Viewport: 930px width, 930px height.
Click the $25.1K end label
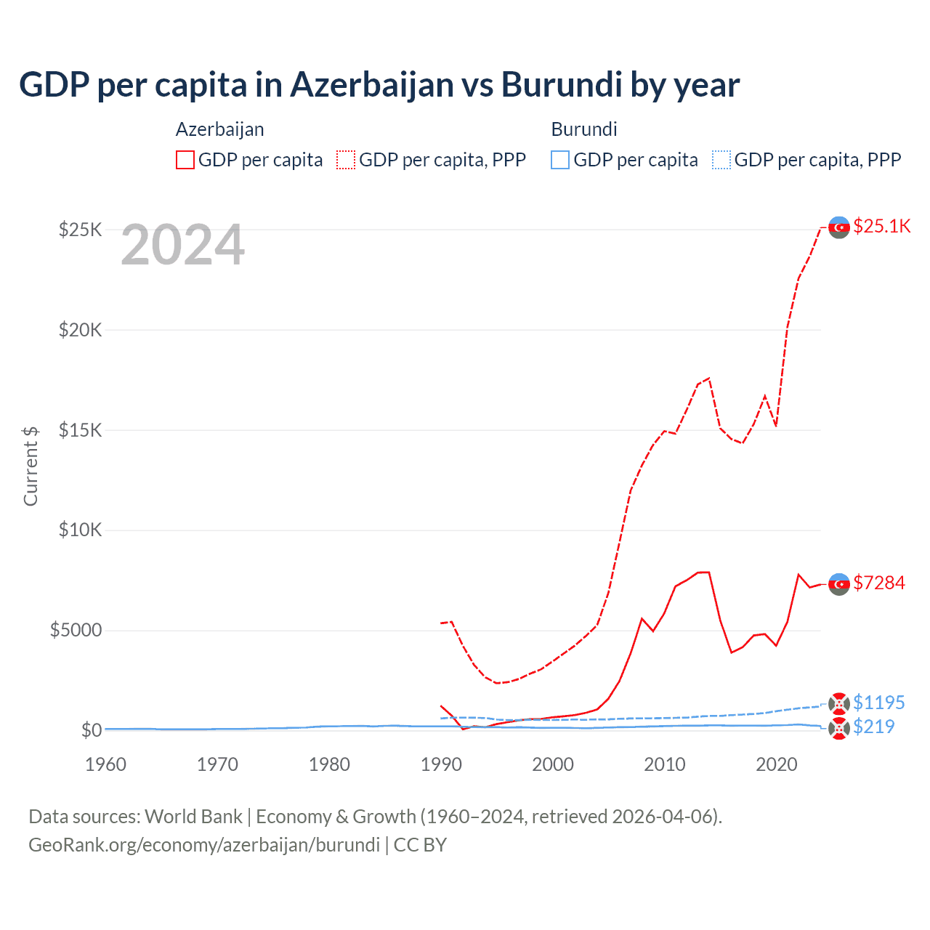pyautogui.click(x=881, y=226)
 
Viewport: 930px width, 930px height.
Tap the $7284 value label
pyautogui.click(x=879, y=583)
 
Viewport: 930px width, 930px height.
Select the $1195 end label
pyautogui.click(x=878, y=703)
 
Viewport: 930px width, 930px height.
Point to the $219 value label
pyautogui.click(x=873, y=727)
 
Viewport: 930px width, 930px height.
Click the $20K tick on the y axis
pyautogui.click(x=81, y=330)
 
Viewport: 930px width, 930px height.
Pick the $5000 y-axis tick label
pyautogui.click(x=76, y=630)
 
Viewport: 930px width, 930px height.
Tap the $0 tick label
pyautogui.click(x=92, y=730)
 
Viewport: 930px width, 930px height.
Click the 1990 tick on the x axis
pyautogui.click(x=441, y=764)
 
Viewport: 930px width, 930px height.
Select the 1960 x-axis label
pyautogui.click(x=105, y=764)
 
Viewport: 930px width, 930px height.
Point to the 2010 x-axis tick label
pyautogui.click(x=665, y=764)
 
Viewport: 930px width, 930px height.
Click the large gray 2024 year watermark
pyautogui.click(x=182, y=246)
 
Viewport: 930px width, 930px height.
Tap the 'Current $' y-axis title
pyautogui.click(x=31, y=466)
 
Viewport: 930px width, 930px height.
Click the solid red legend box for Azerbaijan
pyautogui.click(x=185, y=160)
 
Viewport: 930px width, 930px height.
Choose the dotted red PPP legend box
pyautogui.click(x=346, y=160)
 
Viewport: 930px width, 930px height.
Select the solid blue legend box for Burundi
pyautogui.click(x=560, y=160)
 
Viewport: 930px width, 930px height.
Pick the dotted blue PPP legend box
pyautogui.click(x=721, y=160)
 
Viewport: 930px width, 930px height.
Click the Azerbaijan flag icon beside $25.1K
pyautogui.click(x=839, y=227)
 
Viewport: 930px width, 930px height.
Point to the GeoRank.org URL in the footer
pyautogui.click(x=204, y=845)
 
